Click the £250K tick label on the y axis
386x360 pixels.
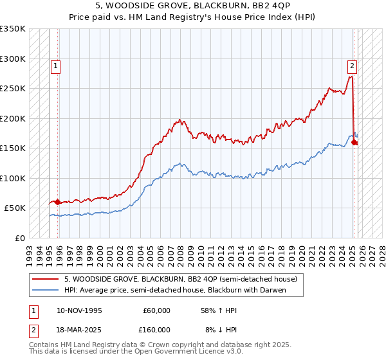[x=13, y=89]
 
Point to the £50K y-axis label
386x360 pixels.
[x=15, y=208]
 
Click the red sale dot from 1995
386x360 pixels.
[x=58, y=202]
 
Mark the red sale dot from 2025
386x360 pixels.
[x=355, y=142]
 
